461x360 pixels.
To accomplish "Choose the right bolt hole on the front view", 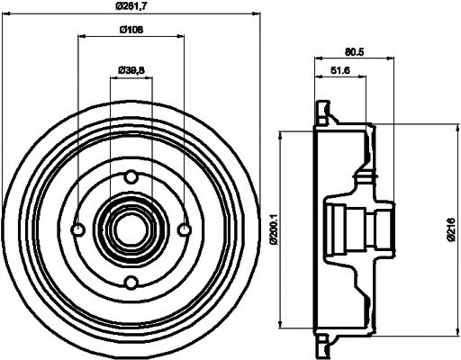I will (184, 229).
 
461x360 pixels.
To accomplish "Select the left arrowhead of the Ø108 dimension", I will (81, 38).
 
